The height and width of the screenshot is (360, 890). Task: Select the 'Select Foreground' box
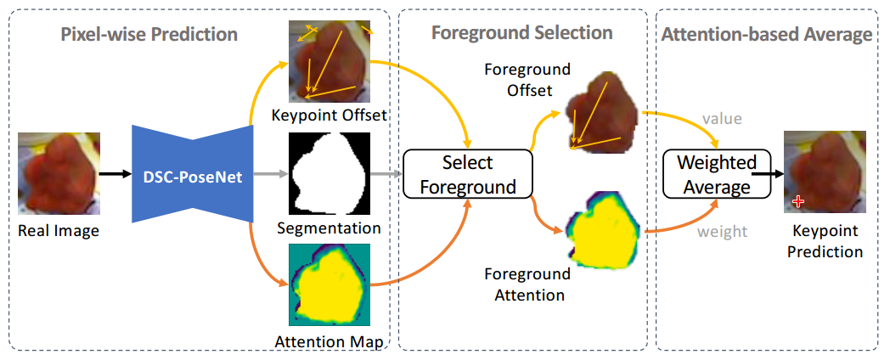pos(467,174)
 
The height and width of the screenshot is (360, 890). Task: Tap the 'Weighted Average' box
pos(717,174)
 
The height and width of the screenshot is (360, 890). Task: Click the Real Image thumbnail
pos(59,172)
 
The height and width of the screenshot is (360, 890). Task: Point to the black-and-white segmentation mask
pos(328,175)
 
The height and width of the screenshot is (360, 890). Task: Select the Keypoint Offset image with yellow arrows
pos(330,61)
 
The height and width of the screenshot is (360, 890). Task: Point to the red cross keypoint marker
pos(797,200)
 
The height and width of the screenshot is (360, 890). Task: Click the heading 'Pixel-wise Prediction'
pos(149,35)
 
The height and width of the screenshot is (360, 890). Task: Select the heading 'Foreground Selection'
pos(521,33)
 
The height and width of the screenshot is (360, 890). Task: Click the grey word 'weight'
pos(724,232)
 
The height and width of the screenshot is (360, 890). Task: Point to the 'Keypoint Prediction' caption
pos(825,241)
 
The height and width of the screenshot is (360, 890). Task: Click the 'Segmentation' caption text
pos(328,228)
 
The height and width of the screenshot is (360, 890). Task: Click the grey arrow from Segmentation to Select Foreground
pos(385,174)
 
